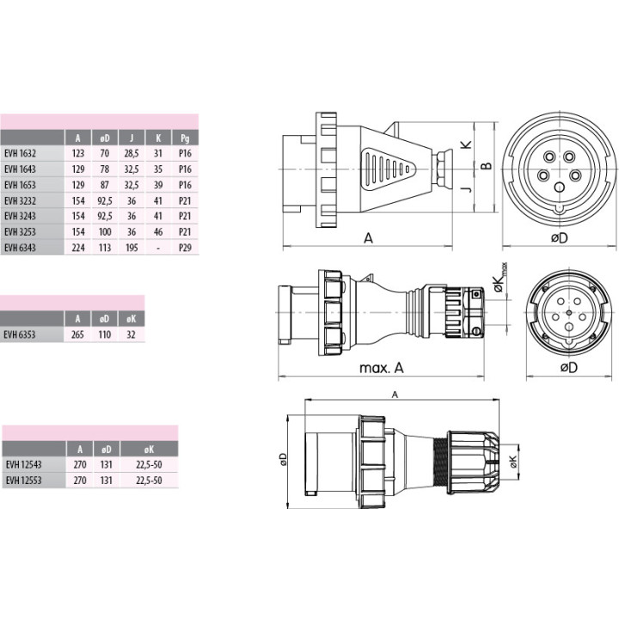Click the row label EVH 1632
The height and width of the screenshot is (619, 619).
tap(20, 154)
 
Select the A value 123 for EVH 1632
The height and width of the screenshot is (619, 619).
tap(78, 154)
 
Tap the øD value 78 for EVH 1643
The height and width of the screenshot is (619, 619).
tap(105, 169)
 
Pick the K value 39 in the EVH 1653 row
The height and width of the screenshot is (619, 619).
tap(158, 185)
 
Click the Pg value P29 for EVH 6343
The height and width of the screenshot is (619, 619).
tap(185, 248)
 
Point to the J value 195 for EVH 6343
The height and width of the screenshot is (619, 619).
tap(132, 248)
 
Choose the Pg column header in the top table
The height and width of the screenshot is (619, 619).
tap(185, 138)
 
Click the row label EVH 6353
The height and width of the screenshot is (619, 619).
tap(20, 334)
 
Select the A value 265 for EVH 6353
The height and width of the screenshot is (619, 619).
tap(77, 334)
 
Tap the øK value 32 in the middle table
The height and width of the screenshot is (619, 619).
tap(131, 334)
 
